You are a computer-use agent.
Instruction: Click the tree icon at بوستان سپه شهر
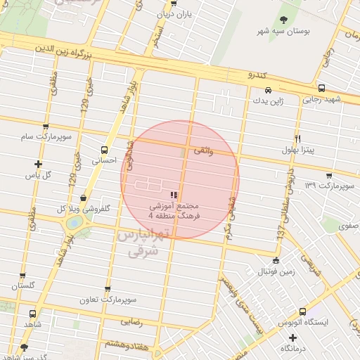tap(284, 20)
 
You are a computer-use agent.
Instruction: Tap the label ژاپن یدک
tap(268, 101)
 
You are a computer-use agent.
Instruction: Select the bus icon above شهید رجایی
tap(321, 89)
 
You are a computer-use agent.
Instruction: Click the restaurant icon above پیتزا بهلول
tap(298, 139)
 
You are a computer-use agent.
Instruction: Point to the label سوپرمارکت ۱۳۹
tap(329, 185)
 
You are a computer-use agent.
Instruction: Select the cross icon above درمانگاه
tap(302, 337)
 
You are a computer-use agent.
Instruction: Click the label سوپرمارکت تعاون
tap(107, 300)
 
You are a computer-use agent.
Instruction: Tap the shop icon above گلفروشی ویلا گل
tap(84, 198)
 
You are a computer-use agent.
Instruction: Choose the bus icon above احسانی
tap(105, 150)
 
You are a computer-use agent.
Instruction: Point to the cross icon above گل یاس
tap(38, 164)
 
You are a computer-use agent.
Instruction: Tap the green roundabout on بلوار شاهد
tap(73, 223)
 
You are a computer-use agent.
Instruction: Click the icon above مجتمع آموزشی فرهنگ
tap(174, 194)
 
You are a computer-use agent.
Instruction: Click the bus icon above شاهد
tap(32, 314)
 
